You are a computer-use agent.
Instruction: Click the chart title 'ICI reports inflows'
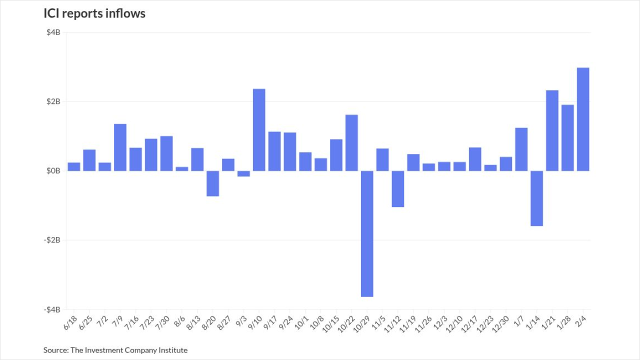tap(94, 13)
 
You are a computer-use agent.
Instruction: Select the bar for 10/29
tap(367, 233)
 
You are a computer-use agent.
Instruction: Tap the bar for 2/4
tap(583, 119)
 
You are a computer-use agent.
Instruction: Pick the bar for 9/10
tap(259, 129)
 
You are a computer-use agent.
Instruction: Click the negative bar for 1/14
tap(536, 198)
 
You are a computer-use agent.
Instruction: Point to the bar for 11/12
tap(398, 188)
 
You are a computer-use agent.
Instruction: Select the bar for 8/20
tap(212, 183)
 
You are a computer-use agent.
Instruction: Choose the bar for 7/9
tap(120, 147)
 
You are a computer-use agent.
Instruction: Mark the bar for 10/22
tap(351, 142)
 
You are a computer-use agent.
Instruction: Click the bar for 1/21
tap(552, 130)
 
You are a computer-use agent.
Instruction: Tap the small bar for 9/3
tap(243, 173)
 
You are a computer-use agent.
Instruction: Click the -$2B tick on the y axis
tap(52, 240)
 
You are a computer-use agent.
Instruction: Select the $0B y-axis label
tap(53, 171)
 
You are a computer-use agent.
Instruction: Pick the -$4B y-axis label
tap(52, 309)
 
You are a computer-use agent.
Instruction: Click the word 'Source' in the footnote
tap(55, 350)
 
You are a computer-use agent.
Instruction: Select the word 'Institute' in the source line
tap(172, 350)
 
